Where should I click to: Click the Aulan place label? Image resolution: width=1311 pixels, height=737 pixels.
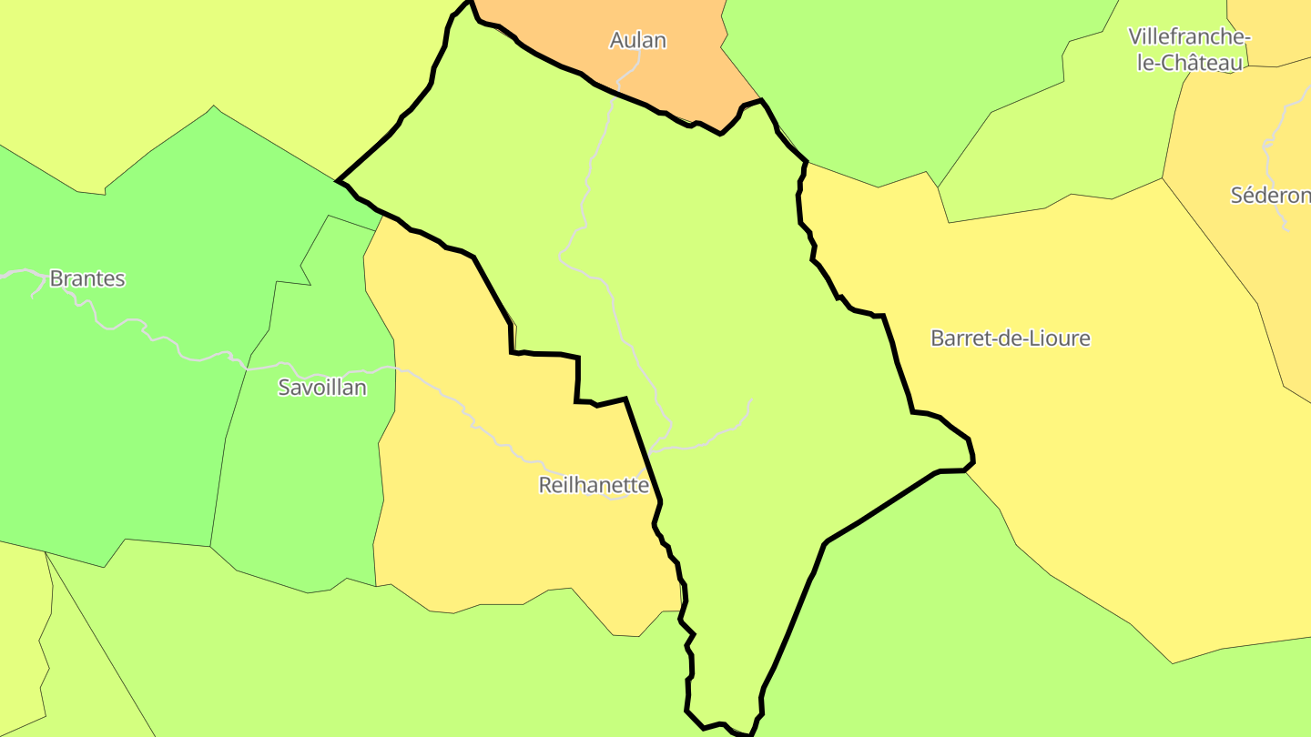pyautogui.click(x=637, y=40)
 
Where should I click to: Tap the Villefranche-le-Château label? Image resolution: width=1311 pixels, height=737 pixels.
pyautogui.click(x=1189, y=49)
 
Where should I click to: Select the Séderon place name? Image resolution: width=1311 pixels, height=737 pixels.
pyautogui.click(x=1270, y=195)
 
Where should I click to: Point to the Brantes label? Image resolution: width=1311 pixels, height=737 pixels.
pyautogui.click(x=87, y=278)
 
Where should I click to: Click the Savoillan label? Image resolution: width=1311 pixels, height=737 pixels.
pyautogui.click(x=322, y=388)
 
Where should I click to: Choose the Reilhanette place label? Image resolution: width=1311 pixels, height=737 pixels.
pyautogui.click(x=594, y=485)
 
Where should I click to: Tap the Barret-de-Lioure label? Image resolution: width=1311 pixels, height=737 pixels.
pyautogui.click(x=1010, y=338)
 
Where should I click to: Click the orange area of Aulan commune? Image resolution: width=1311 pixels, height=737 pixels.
pyautogui.click(x=674, y=73)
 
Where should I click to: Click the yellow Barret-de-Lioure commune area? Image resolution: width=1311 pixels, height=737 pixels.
pyautogui.click(x=1092, y=473)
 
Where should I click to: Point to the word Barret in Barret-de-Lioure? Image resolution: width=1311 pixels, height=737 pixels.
pyautogui.click(x=957, y=338)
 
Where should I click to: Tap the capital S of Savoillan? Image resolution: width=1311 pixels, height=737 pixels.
pyautogui.click(x=284, y=388)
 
